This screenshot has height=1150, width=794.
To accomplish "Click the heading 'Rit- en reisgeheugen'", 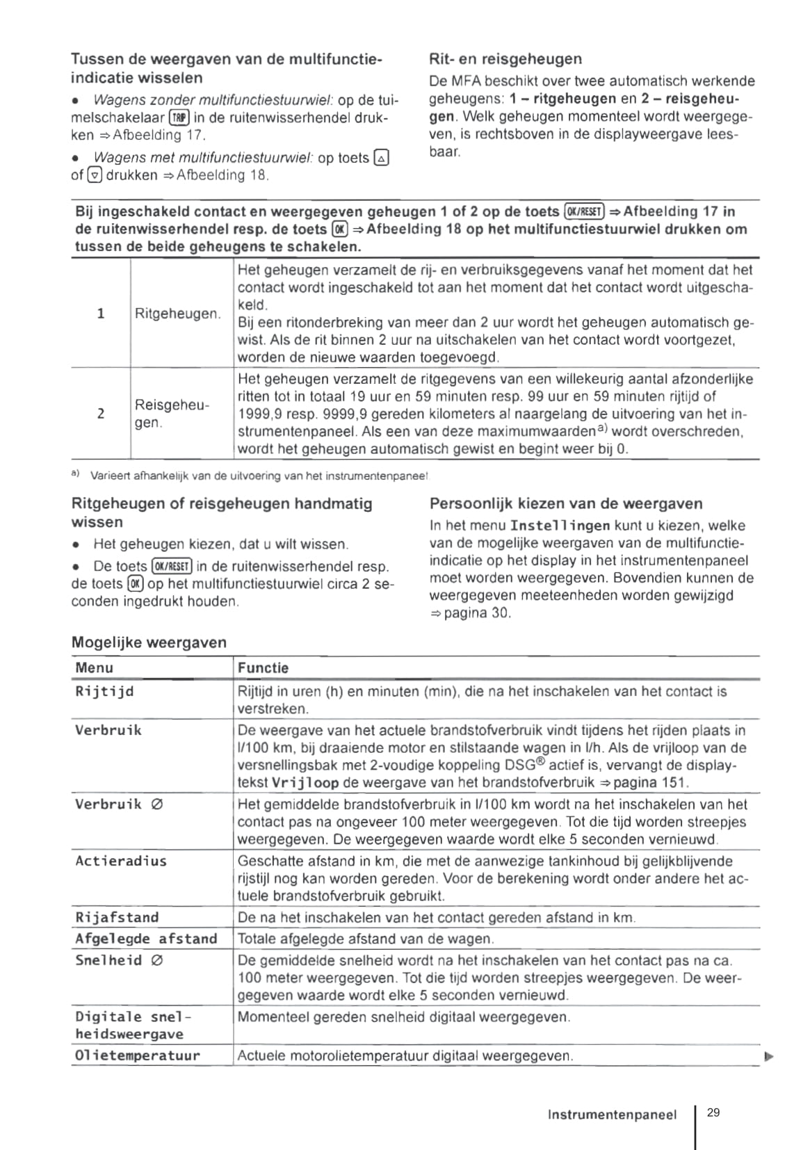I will click(x=505, y=59).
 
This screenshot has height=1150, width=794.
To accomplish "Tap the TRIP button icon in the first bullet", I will click(x=179, y=118).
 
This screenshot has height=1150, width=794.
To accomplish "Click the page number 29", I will click(x=713, y=1112).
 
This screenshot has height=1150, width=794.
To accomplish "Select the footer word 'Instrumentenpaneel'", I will click(x=612, y=1115).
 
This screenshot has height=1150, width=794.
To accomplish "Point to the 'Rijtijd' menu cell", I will click(x=104, y=692).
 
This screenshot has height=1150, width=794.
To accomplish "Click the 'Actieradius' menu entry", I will click(x=121, y=861).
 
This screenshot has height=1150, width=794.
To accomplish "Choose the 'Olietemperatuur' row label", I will click(x=137, y=1055).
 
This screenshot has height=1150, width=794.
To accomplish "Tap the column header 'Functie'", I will click(x=263, y=668).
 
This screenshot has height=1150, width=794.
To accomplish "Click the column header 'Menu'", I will click(x=94, y=668).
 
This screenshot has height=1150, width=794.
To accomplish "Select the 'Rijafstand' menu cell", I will click(x=117, y=917).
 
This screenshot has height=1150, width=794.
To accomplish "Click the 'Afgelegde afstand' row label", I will click(x=146, y=939).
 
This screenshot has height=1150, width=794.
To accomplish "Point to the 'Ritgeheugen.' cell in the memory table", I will click(x=178, y=314).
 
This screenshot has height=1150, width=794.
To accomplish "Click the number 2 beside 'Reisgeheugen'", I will click(x=101, y=414).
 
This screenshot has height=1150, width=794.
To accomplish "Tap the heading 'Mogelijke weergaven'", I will click(x=149, y=642).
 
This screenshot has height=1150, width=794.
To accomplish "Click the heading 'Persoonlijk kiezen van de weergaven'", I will click(x=566, y=503).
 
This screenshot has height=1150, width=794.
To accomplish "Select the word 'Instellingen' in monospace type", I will click(x=560, y=526).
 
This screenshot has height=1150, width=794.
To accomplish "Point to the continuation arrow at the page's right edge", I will click(x=768, y=1057).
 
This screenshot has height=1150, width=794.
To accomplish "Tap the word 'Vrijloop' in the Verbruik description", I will click(x=305, y=783).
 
